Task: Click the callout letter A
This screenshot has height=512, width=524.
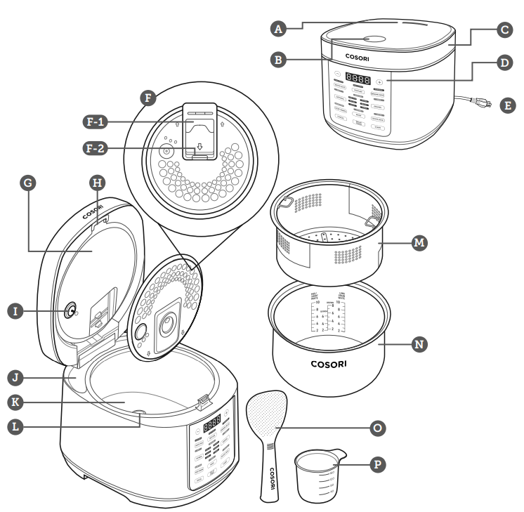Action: coord(280,29)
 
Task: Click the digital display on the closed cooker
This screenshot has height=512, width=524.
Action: coord(359,80)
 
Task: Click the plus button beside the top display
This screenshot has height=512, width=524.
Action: coord(380,81)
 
